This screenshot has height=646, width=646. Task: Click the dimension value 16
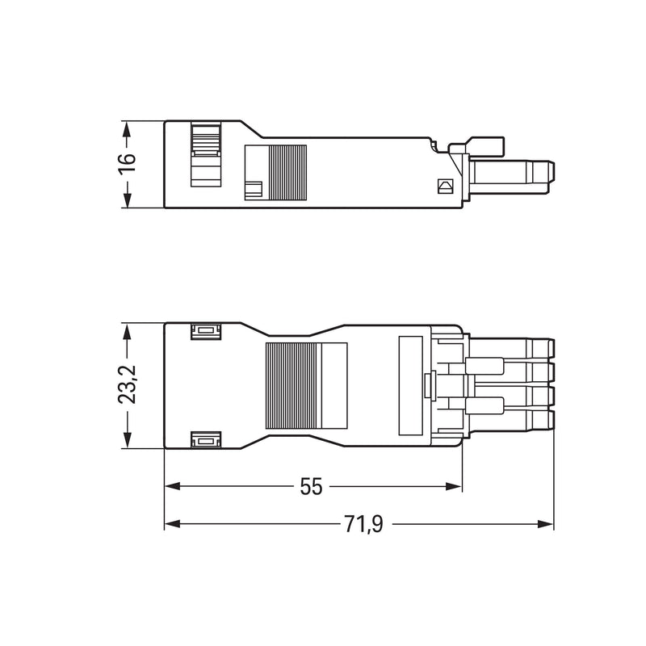coord(127,165)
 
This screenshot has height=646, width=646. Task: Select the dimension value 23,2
coord(127,384)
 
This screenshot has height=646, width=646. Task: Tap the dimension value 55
coord(311,487)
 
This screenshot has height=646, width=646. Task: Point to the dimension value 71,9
coord(364,524)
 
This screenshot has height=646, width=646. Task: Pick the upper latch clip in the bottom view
coord(206,331)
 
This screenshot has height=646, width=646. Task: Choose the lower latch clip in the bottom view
coord(206,439)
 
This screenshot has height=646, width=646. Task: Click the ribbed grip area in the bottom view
coord(293,386)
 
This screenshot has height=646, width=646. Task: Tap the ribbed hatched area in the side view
coord(287,173)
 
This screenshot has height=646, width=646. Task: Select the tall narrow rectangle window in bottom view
coord(411,386)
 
